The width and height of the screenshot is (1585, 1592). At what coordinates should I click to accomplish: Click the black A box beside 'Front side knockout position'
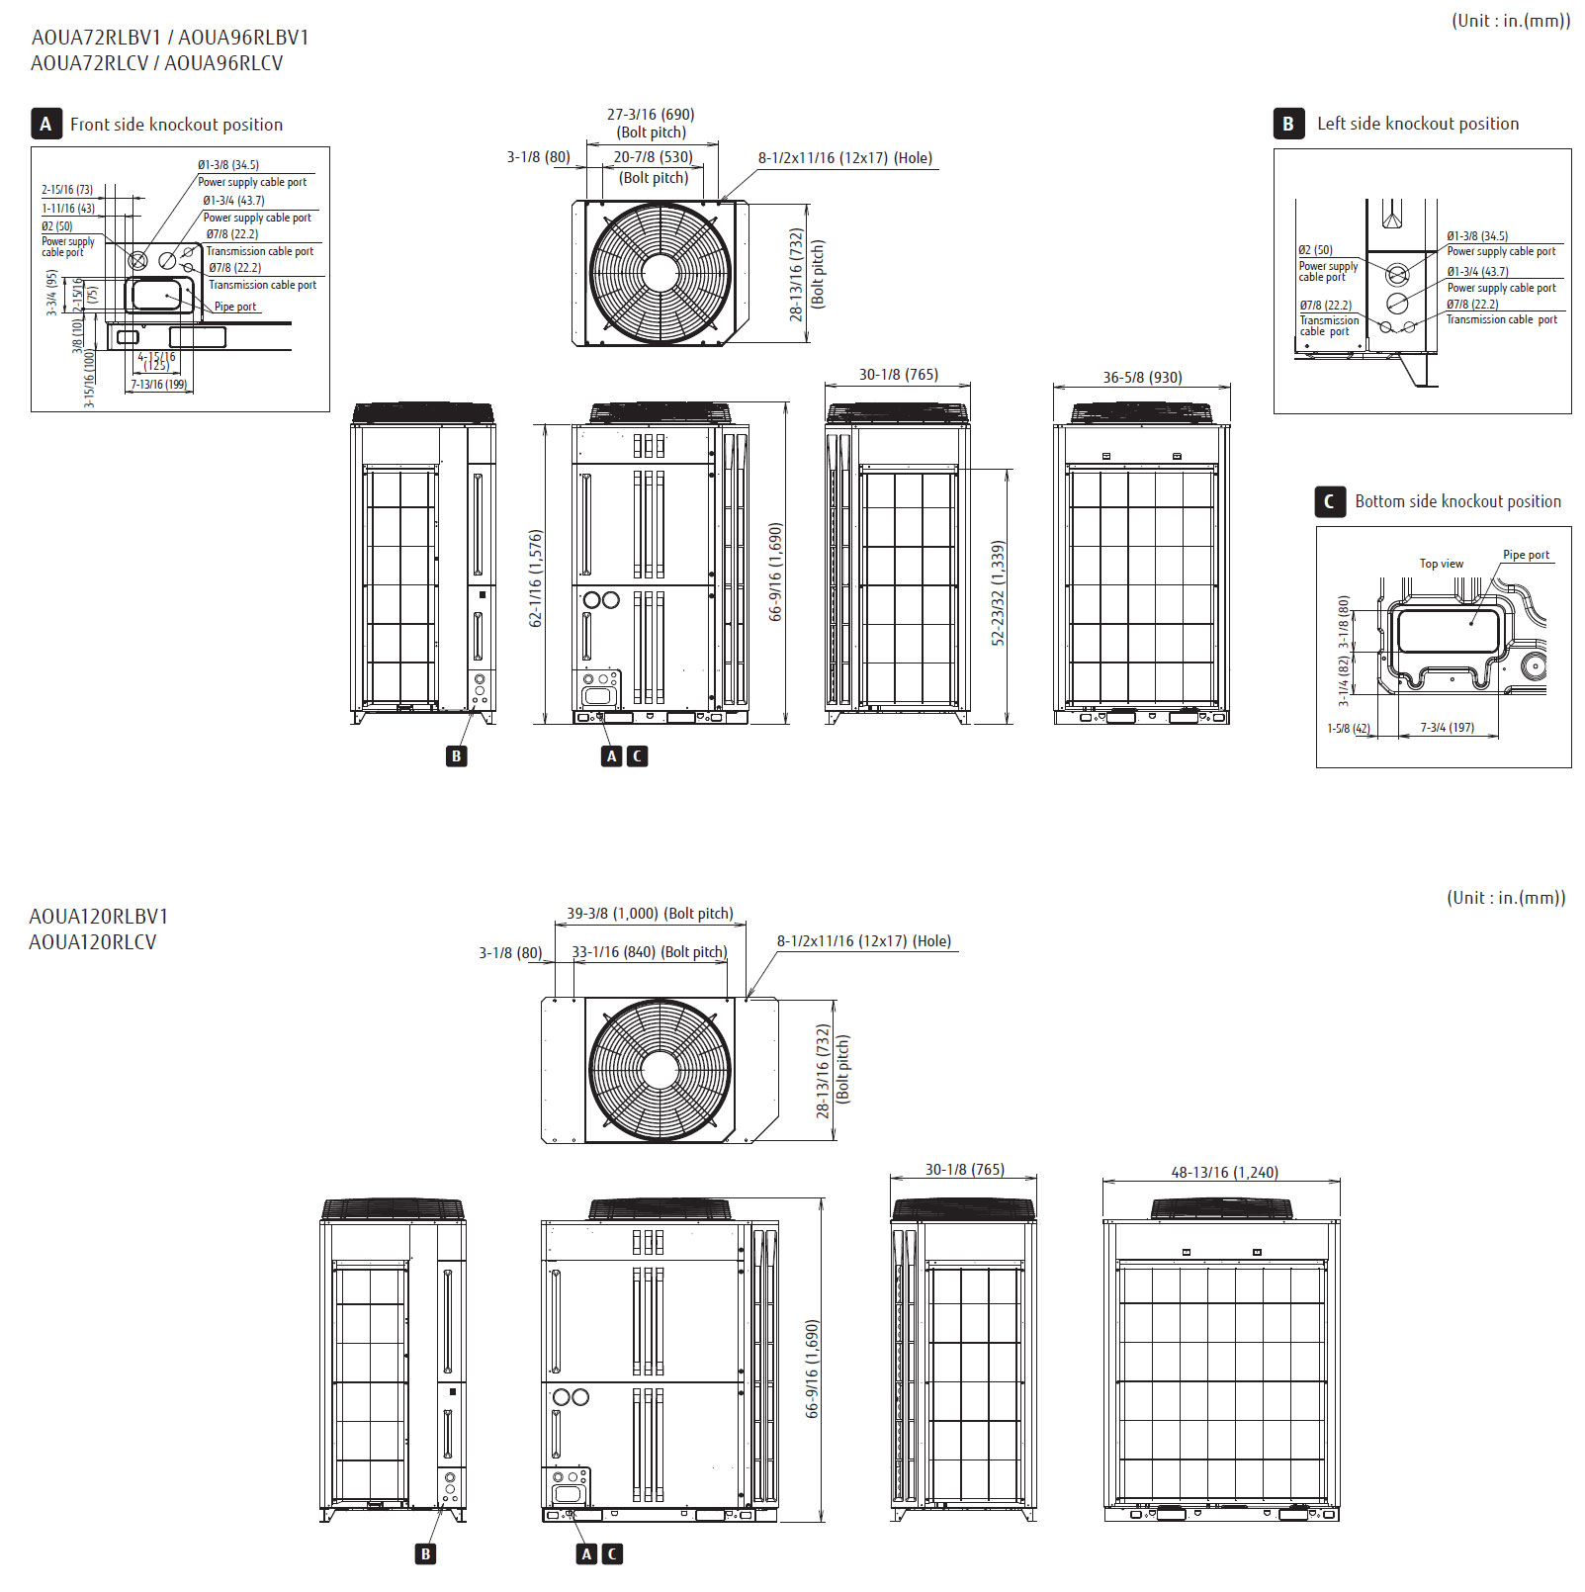45,124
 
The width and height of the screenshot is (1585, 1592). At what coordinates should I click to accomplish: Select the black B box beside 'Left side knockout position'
1287,124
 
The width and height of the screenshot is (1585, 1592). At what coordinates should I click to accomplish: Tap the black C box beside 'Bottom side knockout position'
1329,502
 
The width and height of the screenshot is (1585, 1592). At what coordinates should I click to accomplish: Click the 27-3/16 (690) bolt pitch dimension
651,115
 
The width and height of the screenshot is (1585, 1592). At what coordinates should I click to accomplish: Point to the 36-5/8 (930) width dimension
1142,377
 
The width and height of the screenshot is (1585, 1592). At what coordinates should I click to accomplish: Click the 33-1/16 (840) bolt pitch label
649,952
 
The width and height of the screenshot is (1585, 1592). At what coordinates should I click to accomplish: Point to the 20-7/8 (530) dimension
653,157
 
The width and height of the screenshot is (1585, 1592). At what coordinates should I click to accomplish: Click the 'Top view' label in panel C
1441,564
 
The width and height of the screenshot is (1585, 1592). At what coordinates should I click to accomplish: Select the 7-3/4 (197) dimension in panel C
1447,728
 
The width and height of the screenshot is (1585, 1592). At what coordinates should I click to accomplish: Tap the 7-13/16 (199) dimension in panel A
159,385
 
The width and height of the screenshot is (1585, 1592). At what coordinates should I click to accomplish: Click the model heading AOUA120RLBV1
99,917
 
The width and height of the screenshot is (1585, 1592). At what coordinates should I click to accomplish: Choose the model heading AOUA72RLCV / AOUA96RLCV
157,63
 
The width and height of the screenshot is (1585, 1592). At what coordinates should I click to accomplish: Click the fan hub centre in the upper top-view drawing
660,272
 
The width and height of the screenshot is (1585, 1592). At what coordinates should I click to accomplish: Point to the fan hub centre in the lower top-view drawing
660,1070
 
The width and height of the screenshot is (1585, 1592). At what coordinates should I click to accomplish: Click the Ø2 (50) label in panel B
1315,250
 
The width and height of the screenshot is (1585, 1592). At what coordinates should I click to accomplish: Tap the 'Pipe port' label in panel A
235,307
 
